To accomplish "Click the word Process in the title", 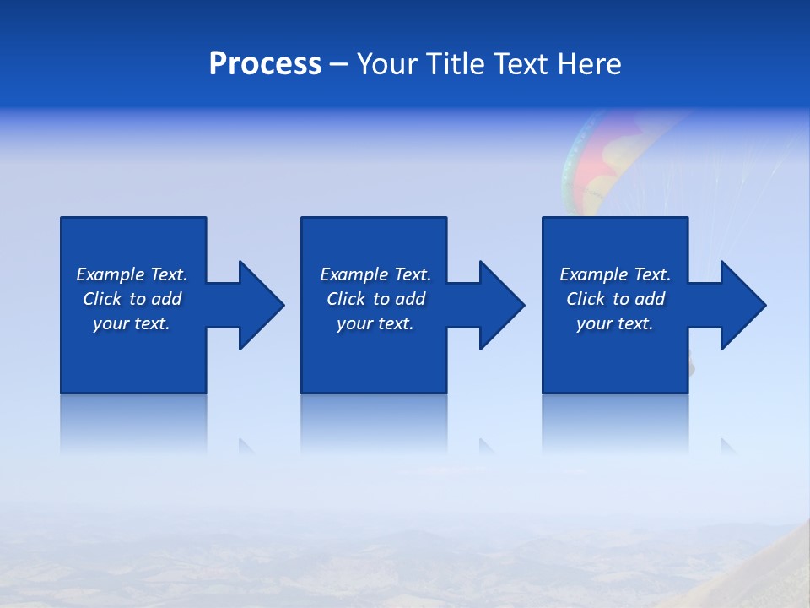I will pos(265,64).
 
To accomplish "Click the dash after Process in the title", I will pos(338,66).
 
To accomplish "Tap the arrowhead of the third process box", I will pos(742,305).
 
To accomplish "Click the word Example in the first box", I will pos(111,274).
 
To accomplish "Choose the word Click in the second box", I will pos(346,299).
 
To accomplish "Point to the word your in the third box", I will pos(594,324).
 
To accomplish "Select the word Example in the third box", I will pos(594,274).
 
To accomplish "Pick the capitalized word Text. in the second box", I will pos(412,274).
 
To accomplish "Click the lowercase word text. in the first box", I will pos(152,323).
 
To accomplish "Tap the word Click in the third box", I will pos(586,299).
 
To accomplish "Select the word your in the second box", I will pos(354,324).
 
